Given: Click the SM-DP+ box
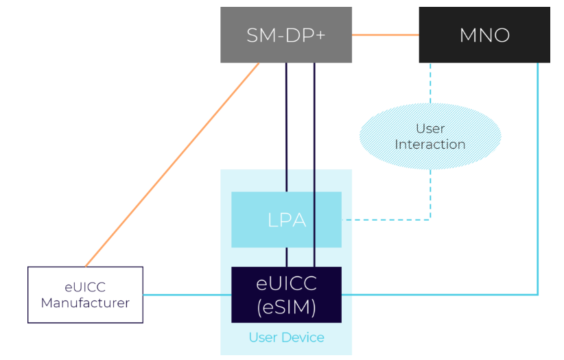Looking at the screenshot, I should click(285, 35).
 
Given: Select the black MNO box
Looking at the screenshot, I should click(484, 35).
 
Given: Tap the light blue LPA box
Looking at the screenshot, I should click(286, 219).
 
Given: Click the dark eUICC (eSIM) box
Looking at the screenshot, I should click(286, 294).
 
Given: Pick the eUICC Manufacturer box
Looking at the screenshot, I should click(85, 294).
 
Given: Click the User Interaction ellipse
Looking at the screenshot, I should click(430, 136).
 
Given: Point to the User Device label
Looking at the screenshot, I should click(286, 337).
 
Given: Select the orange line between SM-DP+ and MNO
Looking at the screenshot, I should click(385, 34).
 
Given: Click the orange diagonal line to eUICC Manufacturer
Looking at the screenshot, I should click(172, 165).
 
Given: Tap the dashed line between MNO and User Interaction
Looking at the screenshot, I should click(430, 82).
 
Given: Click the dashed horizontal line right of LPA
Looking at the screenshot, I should click(384, 219).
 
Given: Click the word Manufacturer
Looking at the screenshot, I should click(85, 302).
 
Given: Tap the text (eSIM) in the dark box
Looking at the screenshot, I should click(286, 307).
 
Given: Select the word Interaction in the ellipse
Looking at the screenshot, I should click(430, 145).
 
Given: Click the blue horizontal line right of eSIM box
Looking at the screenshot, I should click(439, 295).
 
